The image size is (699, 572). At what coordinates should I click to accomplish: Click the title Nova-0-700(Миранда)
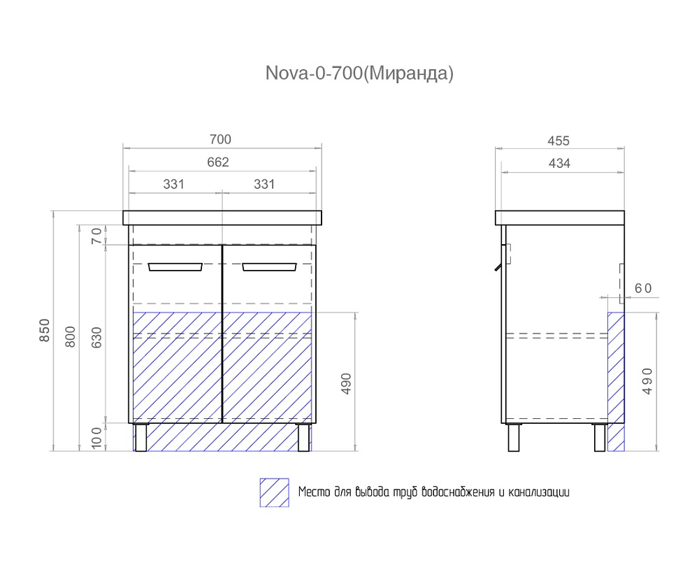[x=359, y=73]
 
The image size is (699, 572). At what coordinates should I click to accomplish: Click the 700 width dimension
[x=220, y=140]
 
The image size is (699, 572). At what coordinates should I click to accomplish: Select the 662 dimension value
[x=218, y=162]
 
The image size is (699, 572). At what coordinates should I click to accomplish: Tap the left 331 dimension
[x=173, y=184]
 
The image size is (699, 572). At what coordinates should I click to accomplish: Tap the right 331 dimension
[x=264, y=184]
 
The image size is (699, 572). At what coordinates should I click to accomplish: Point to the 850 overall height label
[x=45, y=330]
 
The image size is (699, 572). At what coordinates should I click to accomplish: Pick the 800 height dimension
[x=71, y=336]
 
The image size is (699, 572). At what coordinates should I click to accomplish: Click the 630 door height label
[x=96, y=337]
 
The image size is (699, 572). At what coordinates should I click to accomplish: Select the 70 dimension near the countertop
[x=96, y=235]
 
